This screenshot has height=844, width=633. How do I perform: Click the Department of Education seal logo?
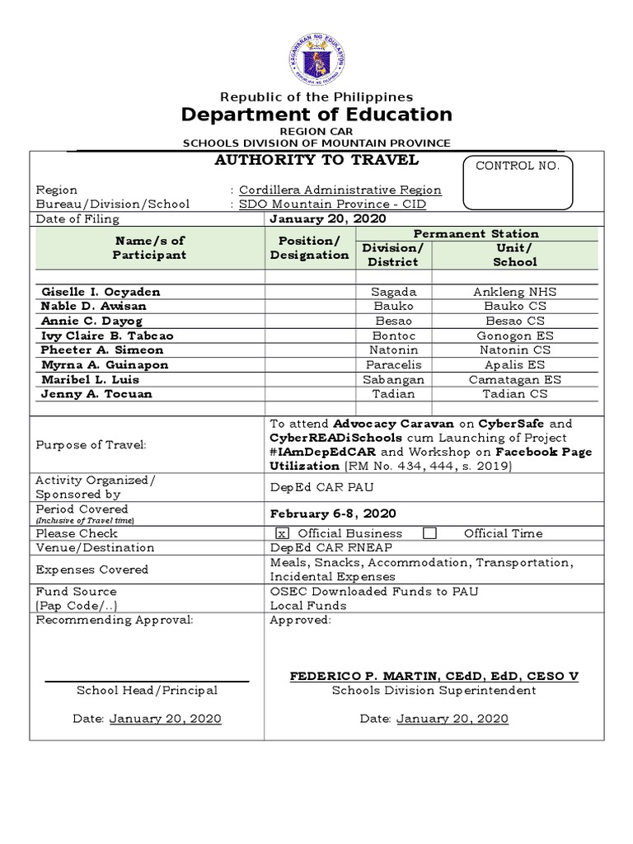(316, 58)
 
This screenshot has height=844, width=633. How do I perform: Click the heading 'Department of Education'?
(316, 115)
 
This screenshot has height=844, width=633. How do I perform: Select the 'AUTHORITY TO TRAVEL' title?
(316, 161)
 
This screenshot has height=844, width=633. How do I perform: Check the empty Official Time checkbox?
(429, 533)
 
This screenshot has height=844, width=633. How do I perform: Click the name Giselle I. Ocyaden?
(101, 292)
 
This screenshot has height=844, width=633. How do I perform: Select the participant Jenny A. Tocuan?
(97, 395)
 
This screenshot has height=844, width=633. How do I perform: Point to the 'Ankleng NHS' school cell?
(514, 292)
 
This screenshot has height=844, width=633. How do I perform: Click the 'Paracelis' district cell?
(394, 365)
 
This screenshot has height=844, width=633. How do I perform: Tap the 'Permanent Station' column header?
(476, 234)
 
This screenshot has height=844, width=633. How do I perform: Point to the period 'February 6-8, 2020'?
(327, 514)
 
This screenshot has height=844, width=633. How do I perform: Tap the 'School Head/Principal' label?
(147, 690)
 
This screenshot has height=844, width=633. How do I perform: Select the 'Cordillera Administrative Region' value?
(340, 190)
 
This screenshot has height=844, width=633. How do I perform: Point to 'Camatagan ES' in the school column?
(514, 380)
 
